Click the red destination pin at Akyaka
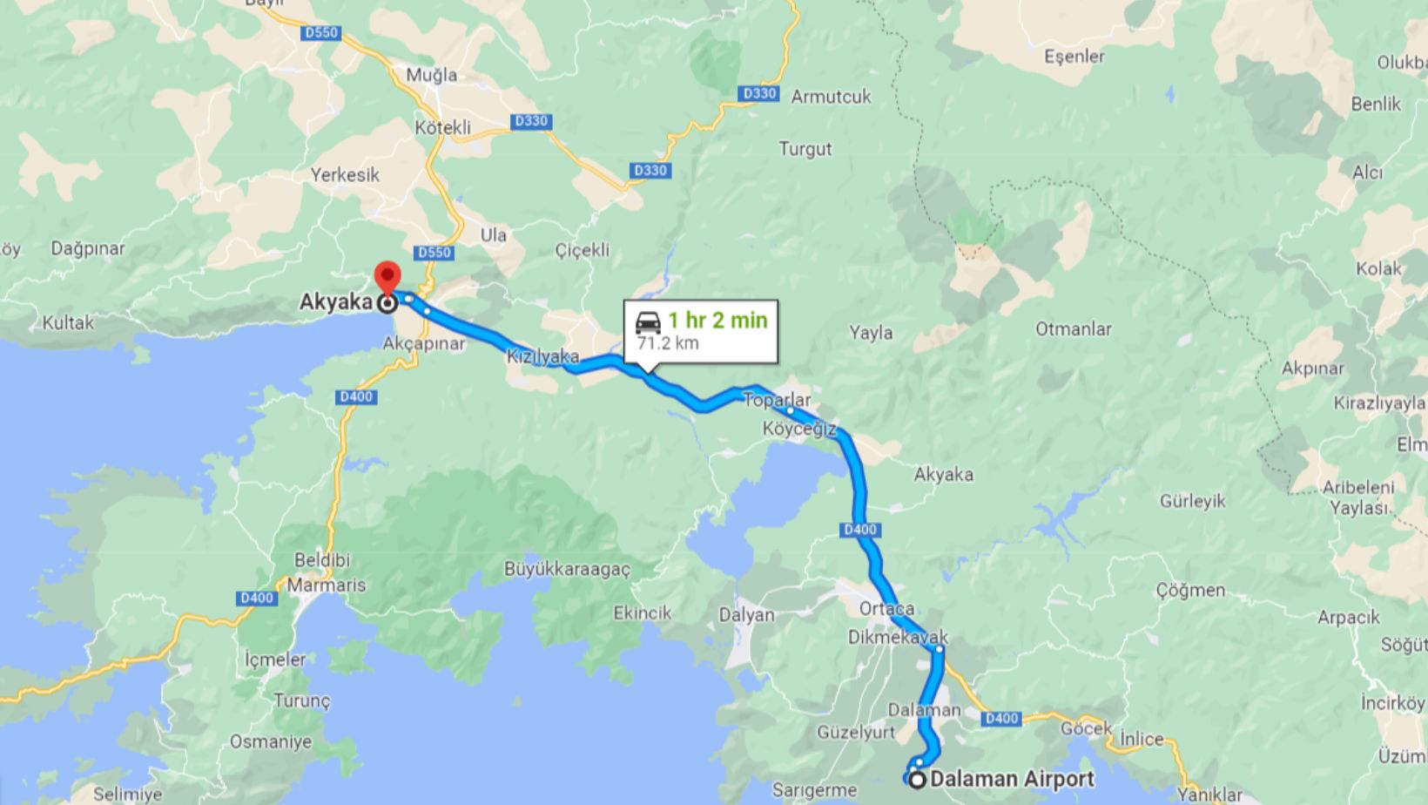387,277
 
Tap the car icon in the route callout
648,321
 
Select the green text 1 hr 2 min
717,320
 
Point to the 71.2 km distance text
668,342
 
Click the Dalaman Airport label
1012,779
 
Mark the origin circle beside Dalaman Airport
917,780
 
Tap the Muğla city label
431,75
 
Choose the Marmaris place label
327,585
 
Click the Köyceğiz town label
798,429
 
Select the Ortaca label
886,608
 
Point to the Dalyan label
746,615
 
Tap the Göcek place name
1087,728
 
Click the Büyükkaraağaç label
567,570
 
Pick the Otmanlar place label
1073,329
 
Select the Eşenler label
1074,57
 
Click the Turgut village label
805,149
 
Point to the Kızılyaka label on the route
542,356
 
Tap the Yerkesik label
345,175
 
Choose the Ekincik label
642,612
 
